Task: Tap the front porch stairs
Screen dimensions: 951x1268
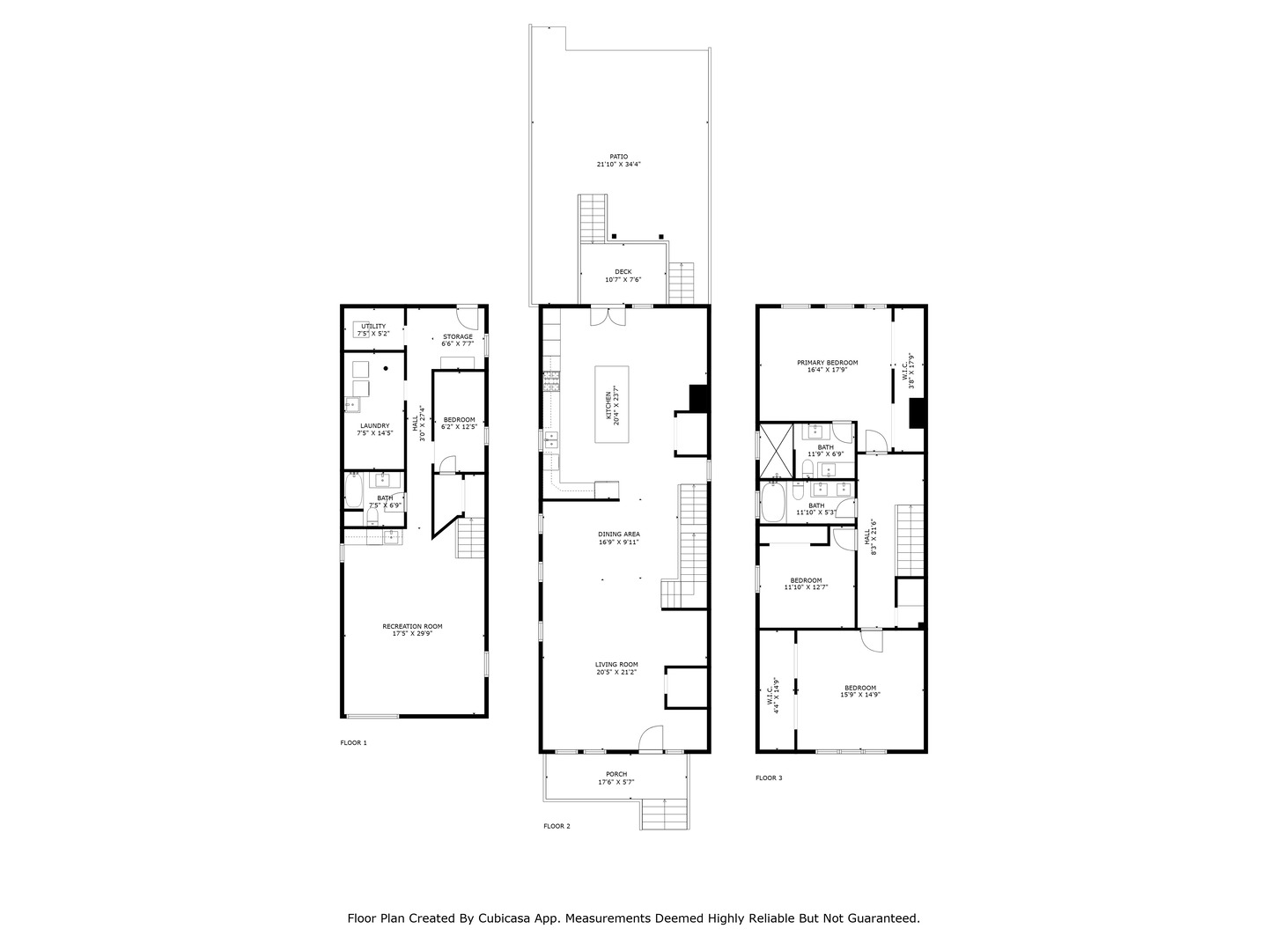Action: point(657,815)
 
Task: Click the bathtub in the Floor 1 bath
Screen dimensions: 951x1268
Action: point(354,491)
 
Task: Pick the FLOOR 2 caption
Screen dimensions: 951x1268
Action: point(557,826)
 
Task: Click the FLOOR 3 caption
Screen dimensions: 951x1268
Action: point(769,778)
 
